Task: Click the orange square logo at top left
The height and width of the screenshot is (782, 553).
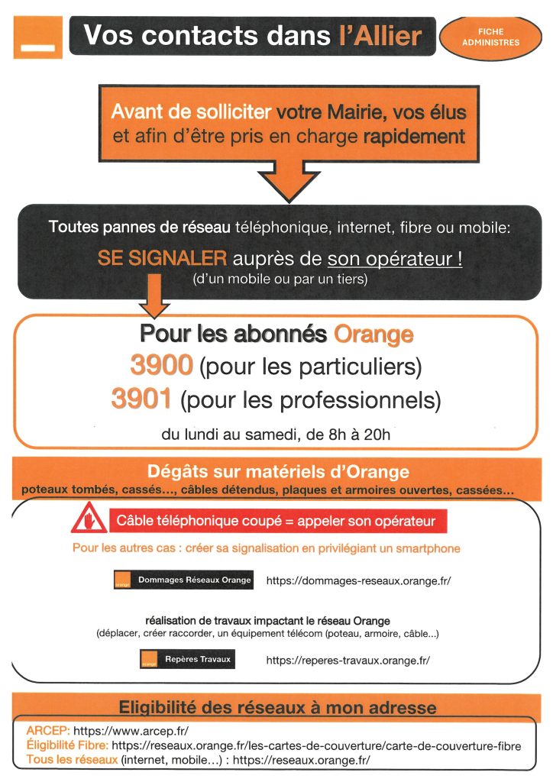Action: click(37, 36)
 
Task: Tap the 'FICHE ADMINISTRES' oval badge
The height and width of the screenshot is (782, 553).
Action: click(490, 37)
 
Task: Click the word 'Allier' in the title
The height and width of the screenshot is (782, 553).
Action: click(380, 35)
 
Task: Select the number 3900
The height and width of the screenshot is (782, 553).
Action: click(161, 367)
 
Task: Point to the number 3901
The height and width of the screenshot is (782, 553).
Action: click(142, 398)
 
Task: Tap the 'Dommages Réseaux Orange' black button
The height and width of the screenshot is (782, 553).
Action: click(183, 580)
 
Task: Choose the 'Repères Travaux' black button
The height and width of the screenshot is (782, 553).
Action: click(187, 659)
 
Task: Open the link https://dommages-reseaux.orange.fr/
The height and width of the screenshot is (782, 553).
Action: click(358, 580)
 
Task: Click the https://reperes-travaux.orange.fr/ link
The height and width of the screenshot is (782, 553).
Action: click(348, 660)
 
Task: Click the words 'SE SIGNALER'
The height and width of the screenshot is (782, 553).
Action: click(151, 258)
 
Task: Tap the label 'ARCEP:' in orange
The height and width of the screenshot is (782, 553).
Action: click(48, 731)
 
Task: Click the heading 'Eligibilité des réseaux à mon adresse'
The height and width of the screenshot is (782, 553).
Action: click(276, 706)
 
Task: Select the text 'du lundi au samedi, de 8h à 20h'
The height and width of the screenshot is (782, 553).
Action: click(276, 435)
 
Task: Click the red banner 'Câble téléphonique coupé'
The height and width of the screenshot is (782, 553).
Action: click(276, 522)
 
